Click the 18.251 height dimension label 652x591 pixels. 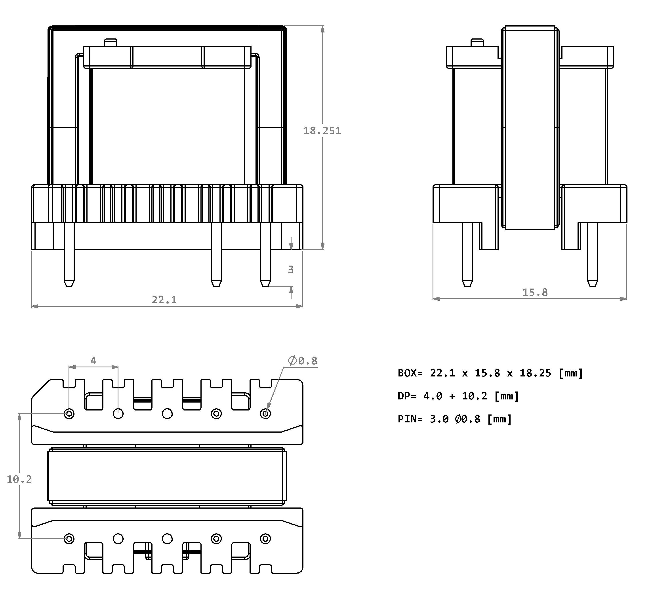click(322, 131)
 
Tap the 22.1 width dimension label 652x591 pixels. click(164, 300)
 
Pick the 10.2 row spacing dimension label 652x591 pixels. click(19, 479)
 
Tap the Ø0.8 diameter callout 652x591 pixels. click(303, 361)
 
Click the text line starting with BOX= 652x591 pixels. click(490, 373)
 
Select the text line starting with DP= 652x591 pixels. click(458, 396)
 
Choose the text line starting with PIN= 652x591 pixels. click(455, 419)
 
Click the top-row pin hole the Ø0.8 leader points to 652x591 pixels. click(265, 414)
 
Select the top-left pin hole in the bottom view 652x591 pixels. click(69, 414)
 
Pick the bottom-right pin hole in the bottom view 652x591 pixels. click(265, 539)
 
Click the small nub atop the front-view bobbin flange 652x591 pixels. click(110, 42)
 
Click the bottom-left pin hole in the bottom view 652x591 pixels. click(69, 539)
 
